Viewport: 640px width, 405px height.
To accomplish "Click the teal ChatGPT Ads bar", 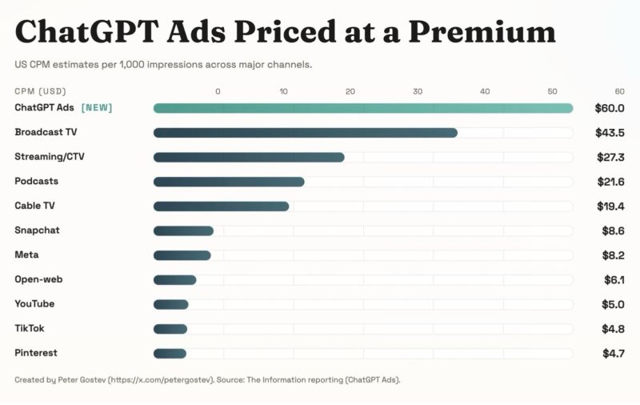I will [x=362, y=108].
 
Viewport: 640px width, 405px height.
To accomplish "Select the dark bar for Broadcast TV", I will [x=305, y=132].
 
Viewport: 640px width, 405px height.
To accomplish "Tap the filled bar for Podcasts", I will [x=229, y=182].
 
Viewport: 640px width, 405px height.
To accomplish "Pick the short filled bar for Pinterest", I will [x=170, y=353].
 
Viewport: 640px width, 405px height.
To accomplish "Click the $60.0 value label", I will [x=609, y=108].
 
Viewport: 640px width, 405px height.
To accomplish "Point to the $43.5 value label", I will [x=609, y=132].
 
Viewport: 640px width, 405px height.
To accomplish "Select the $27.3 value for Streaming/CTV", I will [x=610, y=157].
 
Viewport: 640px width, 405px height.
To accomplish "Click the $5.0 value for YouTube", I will [x=613, y=304].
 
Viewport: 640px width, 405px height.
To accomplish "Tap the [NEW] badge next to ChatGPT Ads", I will [x=97, y=108].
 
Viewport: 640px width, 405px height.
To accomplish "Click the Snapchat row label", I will [x=37, y=231].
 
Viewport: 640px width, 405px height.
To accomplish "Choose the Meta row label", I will [x=26, y=255].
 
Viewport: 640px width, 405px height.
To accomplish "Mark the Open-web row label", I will [x=38, y=279].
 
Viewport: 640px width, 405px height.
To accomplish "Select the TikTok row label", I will [x=30, y=328].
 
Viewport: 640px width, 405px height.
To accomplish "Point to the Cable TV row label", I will [x=34, y=206].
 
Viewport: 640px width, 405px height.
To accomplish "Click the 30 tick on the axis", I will [x=418, y=91].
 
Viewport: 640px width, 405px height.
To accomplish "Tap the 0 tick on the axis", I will [x=218, y=91].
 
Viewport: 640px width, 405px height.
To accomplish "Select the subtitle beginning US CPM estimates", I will [x=163, y=64].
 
